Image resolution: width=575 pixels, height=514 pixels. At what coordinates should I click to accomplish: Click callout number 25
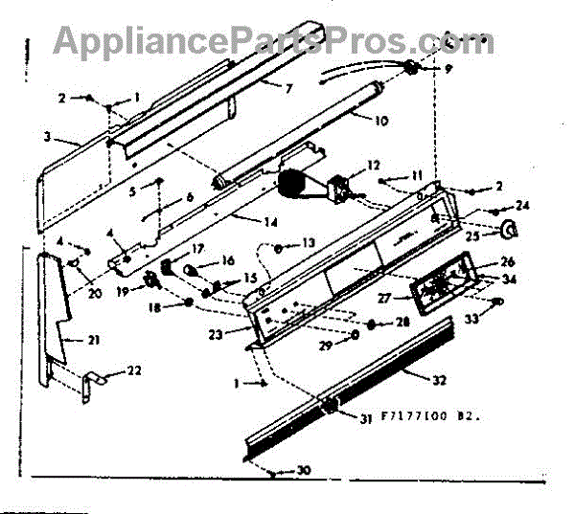pyautogui.click(x=472, y=234)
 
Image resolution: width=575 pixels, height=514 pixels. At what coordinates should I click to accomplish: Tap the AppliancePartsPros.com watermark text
pyautogui.click(x=273, y=40)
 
